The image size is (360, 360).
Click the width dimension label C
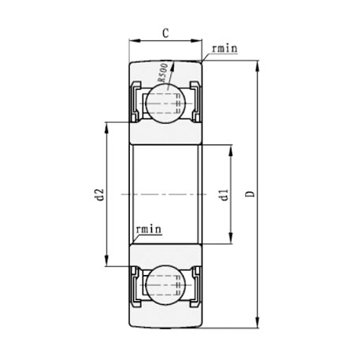point(165,33)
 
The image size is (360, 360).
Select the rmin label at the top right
point(223,49)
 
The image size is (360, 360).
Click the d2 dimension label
point(98,195)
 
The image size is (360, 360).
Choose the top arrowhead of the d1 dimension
point(231,148)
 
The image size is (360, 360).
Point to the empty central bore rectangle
point(165,194)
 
